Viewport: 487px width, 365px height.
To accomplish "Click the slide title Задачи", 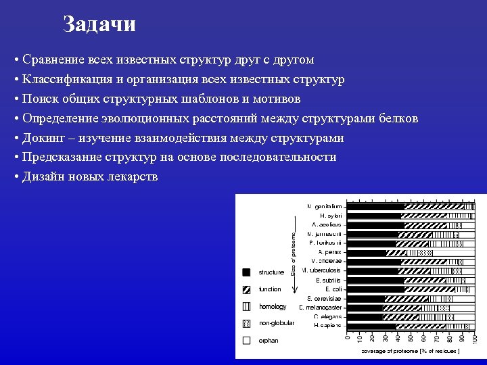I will point(99,24).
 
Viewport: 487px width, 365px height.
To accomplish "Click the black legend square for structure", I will point(247,272).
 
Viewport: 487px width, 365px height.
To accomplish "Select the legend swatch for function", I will point(247,289).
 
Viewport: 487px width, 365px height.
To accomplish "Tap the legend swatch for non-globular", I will point(247,323).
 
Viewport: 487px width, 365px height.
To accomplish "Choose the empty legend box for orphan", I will point(247,340).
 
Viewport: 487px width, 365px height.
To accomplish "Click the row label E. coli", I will point(333,289).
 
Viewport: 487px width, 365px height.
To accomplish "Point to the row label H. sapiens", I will point(327,325).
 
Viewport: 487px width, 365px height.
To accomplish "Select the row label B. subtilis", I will point(329,279).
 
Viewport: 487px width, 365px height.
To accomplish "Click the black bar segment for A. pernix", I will point(366,252).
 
